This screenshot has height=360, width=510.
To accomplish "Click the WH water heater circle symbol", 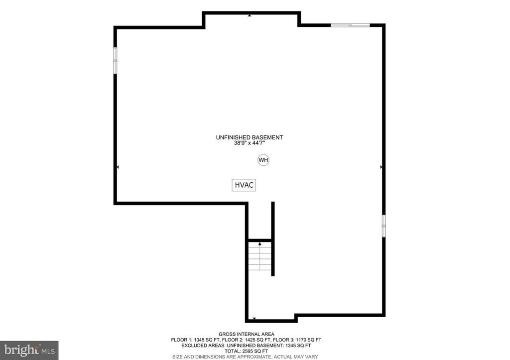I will click(263, 160).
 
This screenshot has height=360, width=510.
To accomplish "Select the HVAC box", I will click(244, 185).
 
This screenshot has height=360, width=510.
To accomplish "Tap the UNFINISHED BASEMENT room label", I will click(249, 137).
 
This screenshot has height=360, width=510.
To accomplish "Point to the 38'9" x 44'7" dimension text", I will click(249, 143).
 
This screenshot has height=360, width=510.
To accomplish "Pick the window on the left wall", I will click(115, 61).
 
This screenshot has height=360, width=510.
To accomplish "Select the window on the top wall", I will click(351, 24).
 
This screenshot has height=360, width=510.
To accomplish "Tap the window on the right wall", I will click(383, 226).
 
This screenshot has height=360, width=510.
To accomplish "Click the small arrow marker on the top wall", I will click(250, 15).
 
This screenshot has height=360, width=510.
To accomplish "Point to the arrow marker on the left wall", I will click(118, 167).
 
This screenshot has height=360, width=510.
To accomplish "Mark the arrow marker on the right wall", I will click(381, 167).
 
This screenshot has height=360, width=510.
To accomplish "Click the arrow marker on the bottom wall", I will click(255, 318).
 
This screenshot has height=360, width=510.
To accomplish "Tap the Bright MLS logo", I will click(29, 350).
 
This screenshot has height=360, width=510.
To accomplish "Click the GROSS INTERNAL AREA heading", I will click(246, 334).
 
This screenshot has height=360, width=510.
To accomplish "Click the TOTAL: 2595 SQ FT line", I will click(247, 351).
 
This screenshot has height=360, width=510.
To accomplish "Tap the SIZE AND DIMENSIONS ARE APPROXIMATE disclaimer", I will click(247, 357).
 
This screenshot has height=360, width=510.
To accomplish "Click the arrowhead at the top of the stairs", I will click(259, 244).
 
